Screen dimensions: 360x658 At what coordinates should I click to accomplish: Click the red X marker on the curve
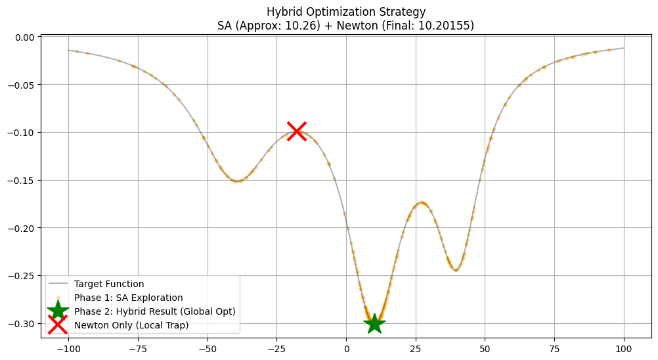click(297, 131)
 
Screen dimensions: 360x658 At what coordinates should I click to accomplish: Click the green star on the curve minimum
click(374, 323)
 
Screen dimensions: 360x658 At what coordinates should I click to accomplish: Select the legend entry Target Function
click(109, 284)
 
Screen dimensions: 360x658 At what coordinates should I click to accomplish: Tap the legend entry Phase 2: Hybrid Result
click(154, 311)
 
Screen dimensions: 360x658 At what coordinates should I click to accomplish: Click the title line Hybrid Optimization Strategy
click(346, 12)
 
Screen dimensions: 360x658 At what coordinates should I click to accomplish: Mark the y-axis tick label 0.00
click(24, 37)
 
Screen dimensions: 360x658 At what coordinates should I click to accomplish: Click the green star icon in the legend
click(58, 310)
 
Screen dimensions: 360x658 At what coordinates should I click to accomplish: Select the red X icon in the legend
click(58, 325)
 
